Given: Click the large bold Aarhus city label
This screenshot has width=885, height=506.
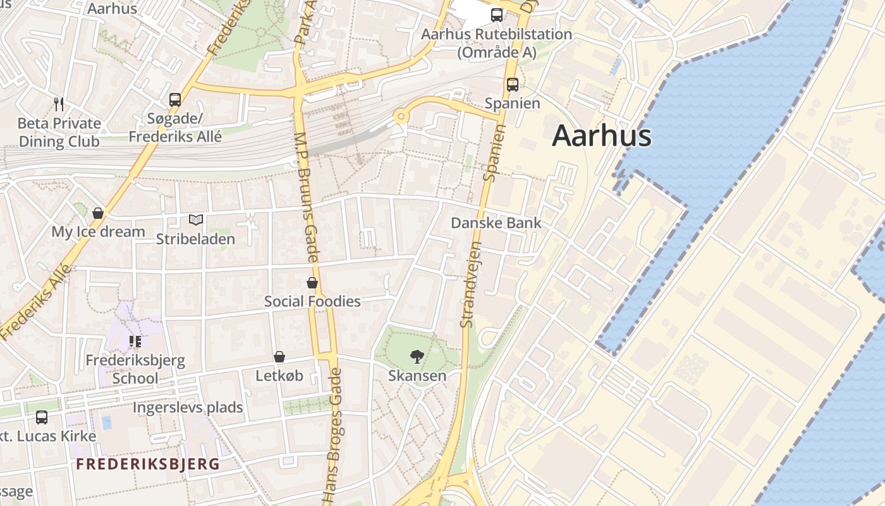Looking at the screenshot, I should click(x=601, y=136).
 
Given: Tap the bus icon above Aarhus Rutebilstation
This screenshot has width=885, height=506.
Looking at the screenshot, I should click(x=497, y=15).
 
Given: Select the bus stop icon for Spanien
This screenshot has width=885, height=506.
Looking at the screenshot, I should click(x=512, y=84).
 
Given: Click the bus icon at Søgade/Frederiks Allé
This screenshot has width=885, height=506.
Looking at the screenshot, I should click(x=175, y=99).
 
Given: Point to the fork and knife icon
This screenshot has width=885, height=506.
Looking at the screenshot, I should click(x=59, y=104).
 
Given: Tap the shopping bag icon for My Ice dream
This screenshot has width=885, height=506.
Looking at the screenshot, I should click(x=98, y=213).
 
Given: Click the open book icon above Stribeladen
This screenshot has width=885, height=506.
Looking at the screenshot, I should click(x=196, y=220).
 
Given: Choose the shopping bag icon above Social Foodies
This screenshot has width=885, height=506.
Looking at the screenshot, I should click(x=312, y=282).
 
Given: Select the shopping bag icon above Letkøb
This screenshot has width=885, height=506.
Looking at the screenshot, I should click(x=279, y=357).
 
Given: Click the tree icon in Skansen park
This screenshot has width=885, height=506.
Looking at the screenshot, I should click(x=417, y=357).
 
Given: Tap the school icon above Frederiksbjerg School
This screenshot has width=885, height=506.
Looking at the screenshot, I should click(x=135, y=342).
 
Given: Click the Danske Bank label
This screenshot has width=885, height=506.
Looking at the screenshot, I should click(x=496, y=223).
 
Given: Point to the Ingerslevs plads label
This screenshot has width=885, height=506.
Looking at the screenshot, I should click(x=187, y=407).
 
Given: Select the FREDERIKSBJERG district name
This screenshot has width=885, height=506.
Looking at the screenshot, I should click(x=148, y=464).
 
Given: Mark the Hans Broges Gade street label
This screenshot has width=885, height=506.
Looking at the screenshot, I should click(x=334, y=436).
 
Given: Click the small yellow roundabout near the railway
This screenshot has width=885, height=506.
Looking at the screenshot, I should click(x=400, y=116).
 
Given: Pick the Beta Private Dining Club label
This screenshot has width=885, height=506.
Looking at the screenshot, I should click(x=59, y=132).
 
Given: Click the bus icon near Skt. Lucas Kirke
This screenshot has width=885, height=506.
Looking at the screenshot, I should click(x=42, y=417).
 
